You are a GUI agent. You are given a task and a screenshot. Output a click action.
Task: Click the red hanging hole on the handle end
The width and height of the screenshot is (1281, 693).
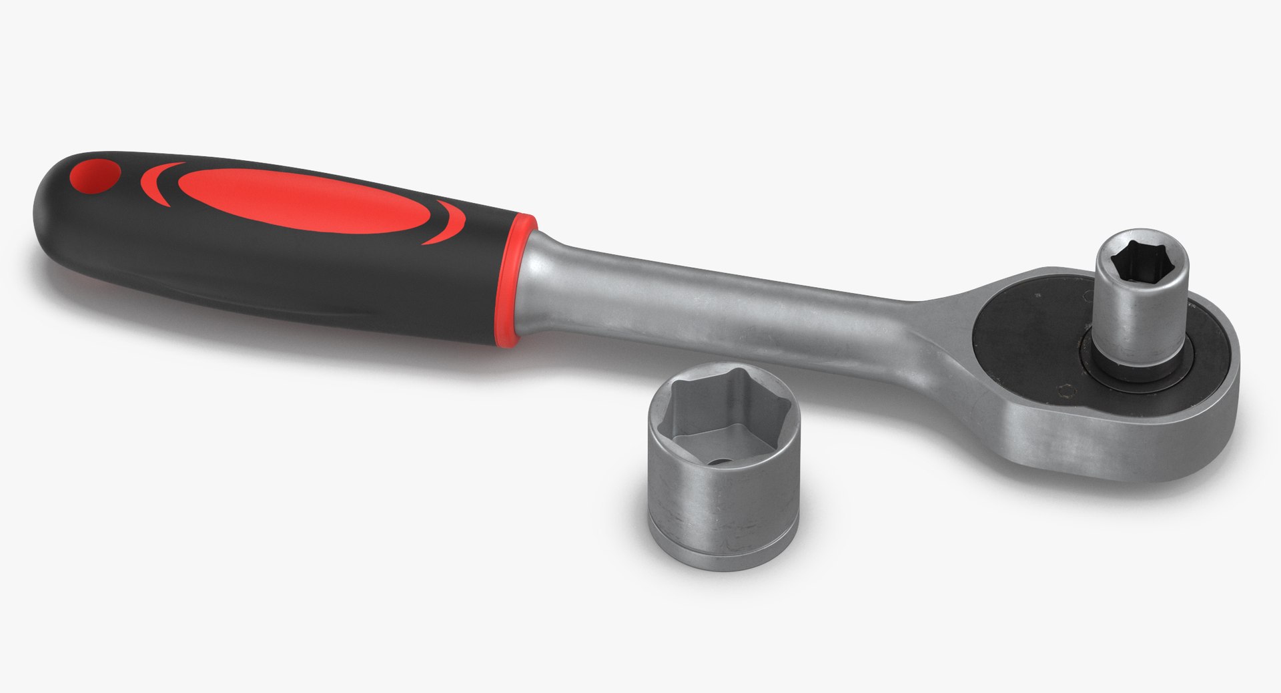click(94, 176)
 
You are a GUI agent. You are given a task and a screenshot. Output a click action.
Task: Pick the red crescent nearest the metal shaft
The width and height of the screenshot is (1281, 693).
click(446, 222)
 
